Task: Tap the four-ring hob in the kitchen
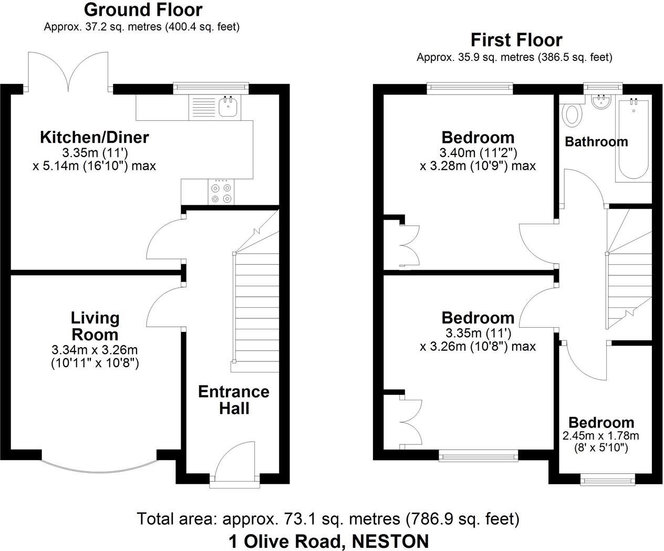click(221, 192)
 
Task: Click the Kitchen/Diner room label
click(95, 138)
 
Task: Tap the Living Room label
click(95, 326)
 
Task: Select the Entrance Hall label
click(234, 400)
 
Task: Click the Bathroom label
click(596, 141)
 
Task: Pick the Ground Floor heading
click(143, 9)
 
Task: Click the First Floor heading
click(516, 40)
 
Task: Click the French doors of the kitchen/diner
click(69, 71)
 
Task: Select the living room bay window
click(99, 463)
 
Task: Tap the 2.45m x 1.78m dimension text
click(600, 435)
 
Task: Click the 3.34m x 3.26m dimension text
click(95, 350)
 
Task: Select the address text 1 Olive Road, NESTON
click(328, 540)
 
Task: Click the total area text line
click(328, 519)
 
